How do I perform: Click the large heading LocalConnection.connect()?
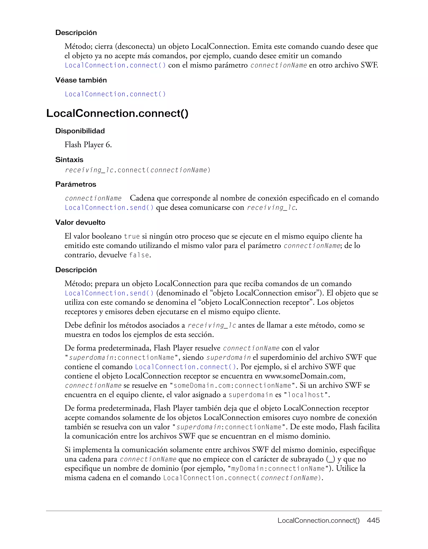pyautogui.click(x=117, y=113)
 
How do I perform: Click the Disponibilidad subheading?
pyautogui.click(x=80, y=131)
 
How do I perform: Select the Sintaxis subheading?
pyautogui.click(x=69, y=160)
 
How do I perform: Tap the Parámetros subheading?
pyautogui.click(x=76, y=184)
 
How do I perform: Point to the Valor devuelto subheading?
pyautogui.click(x=80, y=222)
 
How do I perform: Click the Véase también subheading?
pyautogui.click(x=81, y=80)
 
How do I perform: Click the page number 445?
pyautogui.click(x=373, y=520)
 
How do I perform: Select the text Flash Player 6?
pyautogui.click(x=88, y=145)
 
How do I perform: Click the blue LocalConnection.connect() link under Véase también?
pyautogui.click(x=115, y=94)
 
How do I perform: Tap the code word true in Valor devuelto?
pyautogui.click(x=132, y=236)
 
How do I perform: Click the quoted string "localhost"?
pyautogui.click(x=306, y=395)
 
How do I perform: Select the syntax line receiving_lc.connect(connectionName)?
pyautogui.click(x=137, y=170)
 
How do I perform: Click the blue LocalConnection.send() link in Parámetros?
pyautogui.click(x=109, y=208)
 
